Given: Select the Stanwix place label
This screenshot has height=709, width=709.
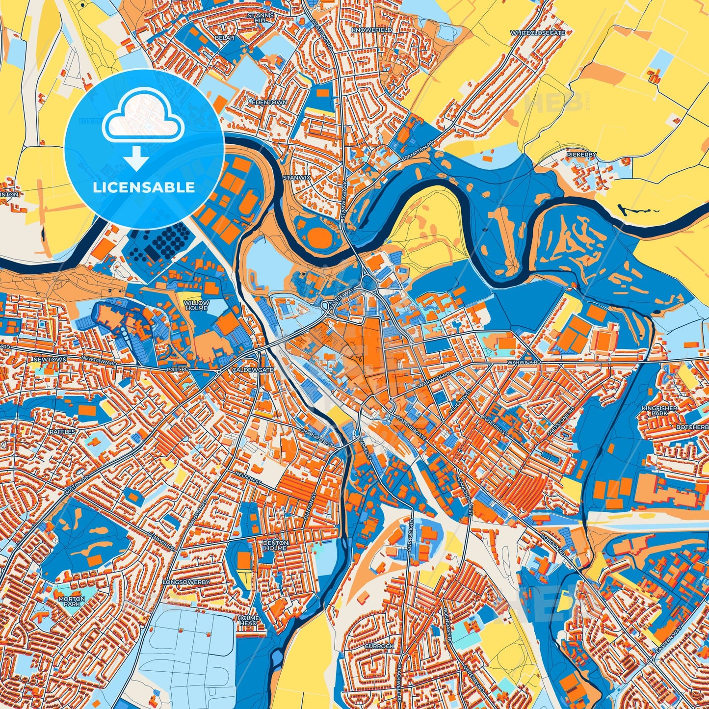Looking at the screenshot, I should tap(297, 178).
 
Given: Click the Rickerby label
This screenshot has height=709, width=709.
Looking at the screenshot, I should tap(581, 155).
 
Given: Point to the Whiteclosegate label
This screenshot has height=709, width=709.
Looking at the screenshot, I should tap(538, 33).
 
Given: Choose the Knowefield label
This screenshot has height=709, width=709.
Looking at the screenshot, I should tap(372, 30).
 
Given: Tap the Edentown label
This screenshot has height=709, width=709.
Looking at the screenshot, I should tap(268, 103).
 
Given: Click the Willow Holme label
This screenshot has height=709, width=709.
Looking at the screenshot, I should tap(196, 306).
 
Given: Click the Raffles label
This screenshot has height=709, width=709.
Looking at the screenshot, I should tap(62, 432).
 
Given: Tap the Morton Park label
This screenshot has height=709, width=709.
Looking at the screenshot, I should tap(72, 602).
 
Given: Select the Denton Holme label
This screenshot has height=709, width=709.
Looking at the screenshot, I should tap(275, 545).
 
